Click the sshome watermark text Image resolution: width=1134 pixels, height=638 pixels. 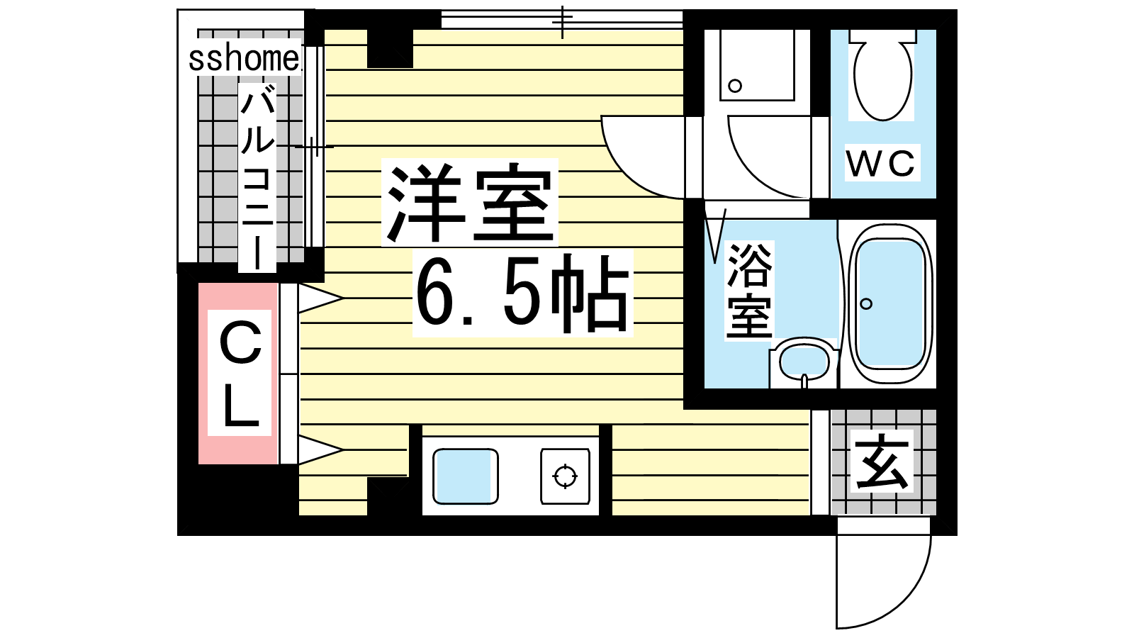point(244,59)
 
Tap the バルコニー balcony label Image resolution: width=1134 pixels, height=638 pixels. point(258,177)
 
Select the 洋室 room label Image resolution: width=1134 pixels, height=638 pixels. point(469,202)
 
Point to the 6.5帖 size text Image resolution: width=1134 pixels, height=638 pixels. point(522,293)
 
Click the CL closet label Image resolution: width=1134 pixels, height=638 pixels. point(240,373)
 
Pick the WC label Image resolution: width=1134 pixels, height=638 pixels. point(882,164)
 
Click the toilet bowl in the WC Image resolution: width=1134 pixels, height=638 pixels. point(883,76)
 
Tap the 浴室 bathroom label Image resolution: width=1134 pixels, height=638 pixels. point(749,291)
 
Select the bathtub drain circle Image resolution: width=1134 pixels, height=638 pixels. point(866,304)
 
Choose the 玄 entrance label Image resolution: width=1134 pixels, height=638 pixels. point(882,462)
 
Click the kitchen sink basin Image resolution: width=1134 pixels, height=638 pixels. point(465,476)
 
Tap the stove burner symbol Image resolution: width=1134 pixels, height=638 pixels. point(565,476)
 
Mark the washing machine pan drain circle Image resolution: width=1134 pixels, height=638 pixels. point(735,86)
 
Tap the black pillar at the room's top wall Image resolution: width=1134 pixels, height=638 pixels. point(390,48)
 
